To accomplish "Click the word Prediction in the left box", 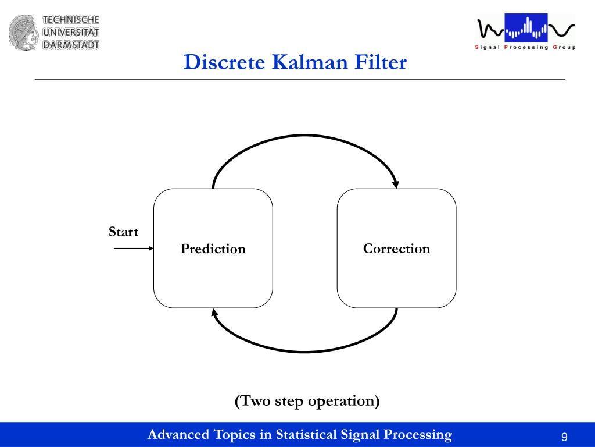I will [x=213, y=249].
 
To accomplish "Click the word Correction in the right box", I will [x=396, y=249].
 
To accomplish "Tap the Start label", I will [x=123, y=232].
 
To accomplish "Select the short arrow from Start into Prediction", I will [x=133, y=249].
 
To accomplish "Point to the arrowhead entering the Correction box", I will [x=396, y=184].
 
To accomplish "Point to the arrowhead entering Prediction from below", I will [x=214, y=313].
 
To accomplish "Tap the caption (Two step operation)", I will [x=307, y=401].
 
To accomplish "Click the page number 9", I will [x=564, y=437].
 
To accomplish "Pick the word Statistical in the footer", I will [x=306, y=434].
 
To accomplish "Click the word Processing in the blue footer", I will [x=417, y=435].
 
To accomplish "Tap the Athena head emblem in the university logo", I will [x=23, y=32].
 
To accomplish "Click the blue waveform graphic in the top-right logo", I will [x=526, y=28].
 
